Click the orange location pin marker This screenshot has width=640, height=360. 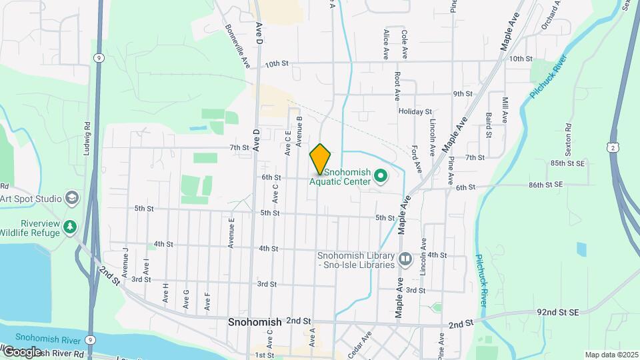pos(321,159)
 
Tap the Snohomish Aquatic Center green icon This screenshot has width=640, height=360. pos(381,176)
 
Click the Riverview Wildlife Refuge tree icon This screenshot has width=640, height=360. pos(70,227)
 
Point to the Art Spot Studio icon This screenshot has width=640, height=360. pos(72,198)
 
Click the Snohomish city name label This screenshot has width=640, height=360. pos(254,322)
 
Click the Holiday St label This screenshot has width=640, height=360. pos(415,111)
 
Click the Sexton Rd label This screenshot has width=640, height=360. pos(569,136)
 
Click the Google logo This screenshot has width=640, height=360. pos(21,351)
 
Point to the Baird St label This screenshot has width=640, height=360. pos(489,125)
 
